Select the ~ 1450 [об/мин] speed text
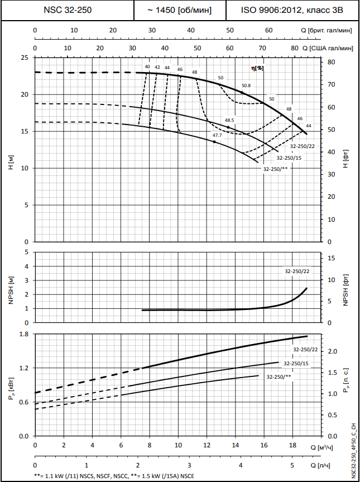180,10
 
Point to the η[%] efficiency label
257,68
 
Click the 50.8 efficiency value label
246,85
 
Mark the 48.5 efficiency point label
229,120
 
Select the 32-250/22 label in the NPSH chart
297,271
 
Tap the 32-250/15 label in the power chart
296,364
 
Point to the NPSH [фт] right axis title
346,287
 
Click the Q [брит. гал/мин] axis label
327,31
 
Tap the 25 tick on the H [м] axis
25,58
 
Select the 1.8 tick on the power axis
23,334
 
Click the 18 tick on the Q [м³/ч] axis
292,446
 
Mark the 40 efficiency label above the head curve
147,67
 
